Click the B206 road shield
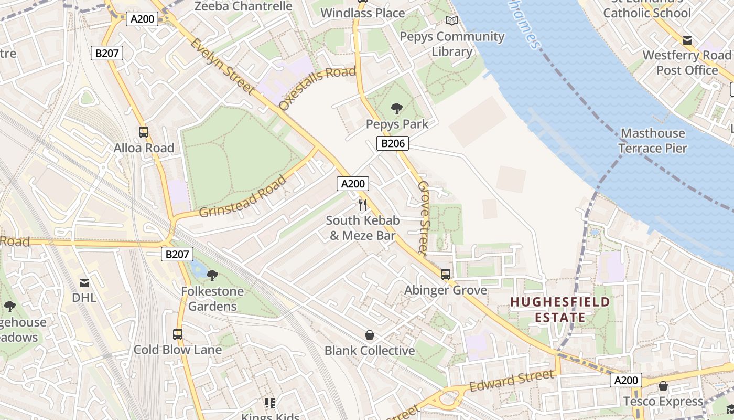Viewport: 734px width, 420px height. pyautogui.click(x=392, y=143)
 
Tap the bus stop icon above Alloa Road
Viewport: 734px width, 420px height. pyautogui.click(x=144, y=132)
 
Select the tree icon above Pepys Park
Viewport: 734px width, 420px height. pyautogui.click(x=397, y=109)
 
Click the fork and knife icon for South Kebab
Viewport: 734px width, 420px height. pyautogui.click(x=362, y=204)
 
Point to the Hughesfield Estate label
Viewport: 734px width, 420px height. pyautogui.click(x=560, y=310)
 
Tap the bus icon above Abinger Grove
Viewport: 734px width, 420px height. pyautogui.click(x=446, y=274)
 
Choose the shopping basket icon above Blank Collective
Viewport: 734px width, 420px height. pyautogui.click(x=370, y=335)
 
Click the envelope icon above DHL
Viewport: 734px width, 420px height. pyautogui.click(x=84, y=283)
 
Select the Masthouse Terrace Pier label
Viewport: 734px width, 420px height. pyautogui.click(x=652, y=141)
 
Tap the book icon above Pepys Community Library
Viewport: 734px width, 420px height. pyautogui.click(x=451, y=21)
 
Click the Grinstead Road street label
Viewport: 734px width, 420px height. pyautogui.click(x=243, y=197)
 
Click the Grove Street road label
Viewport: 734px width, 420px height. pyautogui.click(x=424, y=218)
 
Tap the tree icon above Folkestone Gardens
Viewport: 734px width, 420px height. pyautogui.click(x=212, y=275)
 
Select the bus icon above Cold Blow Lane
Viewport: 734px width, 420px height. pyautogui.click(x=178, y=334)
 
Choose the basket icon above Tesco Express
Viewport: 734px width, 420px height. pyautogui.click(x=663, y=386)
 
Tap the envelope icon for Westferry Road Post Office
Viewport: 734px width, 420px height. pyautogui.click(x=687, y=40)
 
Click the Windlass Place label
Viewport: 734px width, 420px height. pyautogui.click(x=363, y=13)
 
